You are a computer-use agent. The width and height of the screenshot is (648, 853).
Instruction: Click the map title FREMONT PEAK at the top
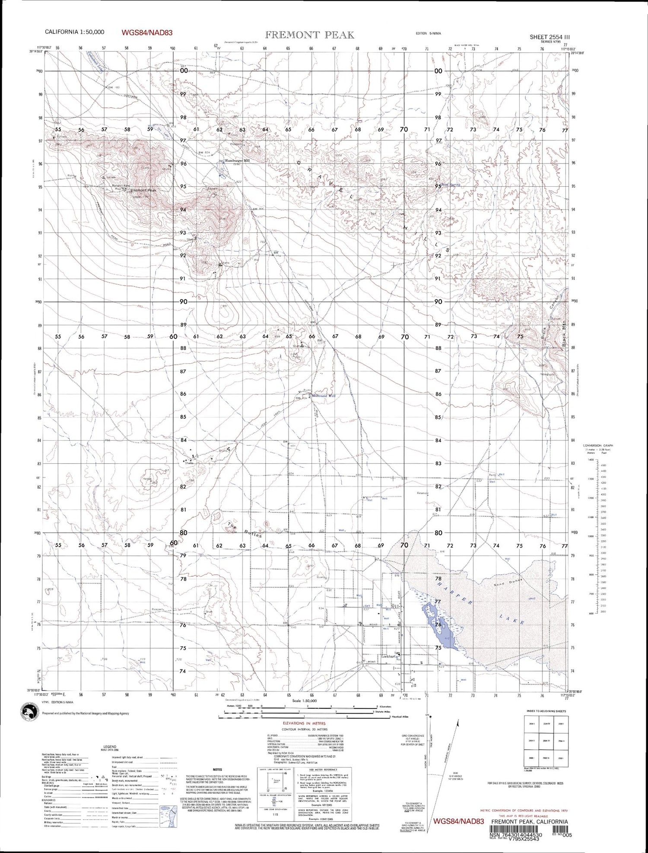309,35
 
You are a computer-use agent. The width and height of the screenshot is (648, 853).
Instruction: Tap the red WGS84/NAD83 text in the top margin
147,32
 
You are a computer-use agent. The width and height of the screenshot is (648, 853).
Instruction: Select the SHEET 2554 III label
550,37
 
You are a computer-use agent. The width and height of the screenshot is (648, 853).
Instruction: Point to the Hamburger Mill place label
237,160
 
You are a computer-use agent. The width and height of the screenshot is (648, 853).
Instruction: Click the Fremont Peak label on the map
143,190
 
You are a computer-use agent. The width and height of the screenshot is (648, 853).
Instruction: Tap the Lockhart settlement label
388,656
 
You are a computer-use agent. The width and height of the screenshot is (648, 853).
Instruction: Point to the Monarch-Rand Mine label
121,187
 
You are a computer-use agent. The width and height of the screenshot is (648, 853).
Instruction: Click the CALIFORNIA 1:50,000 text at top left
74,32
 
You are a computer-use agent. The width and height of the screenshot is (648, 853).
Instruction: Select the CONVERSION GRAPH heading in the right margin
598,445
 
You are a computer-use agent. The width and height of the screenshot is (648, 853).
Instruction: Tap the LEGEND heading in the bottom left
110,746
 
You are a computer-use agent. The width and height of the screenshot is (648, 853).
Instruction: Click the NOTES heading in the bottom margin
217,769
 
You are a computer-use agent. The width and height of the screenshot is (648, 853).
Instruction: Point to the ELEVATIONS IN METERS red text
304,723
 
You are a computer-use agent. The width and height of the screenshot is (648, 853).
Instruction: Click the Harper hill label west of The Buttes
147,478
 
